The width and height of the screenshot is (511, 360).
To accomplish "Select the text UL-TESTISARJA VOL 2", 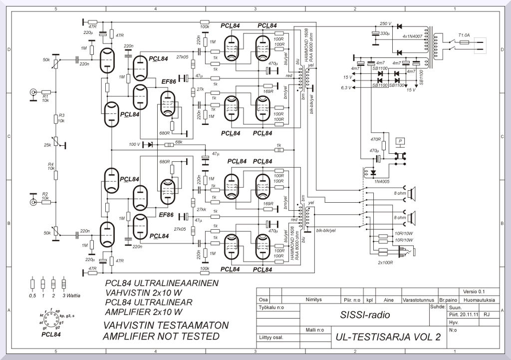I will click(x=388, y=337).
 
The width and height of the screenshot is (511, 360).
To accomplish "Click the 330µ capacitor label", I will click(x=385, y=33).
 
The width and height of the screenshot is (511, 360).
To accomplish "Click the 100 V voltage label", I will click(x=135, y=144).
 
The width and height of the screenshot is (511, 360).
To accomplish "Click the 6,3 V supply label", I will click(x=346, y=87).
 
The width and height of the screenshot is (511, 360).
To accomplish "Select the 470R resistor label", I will click(x=375, y=140).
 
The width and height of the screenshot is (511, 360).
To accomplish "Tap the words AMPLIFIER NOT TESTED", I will click(x=161, y=337).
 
